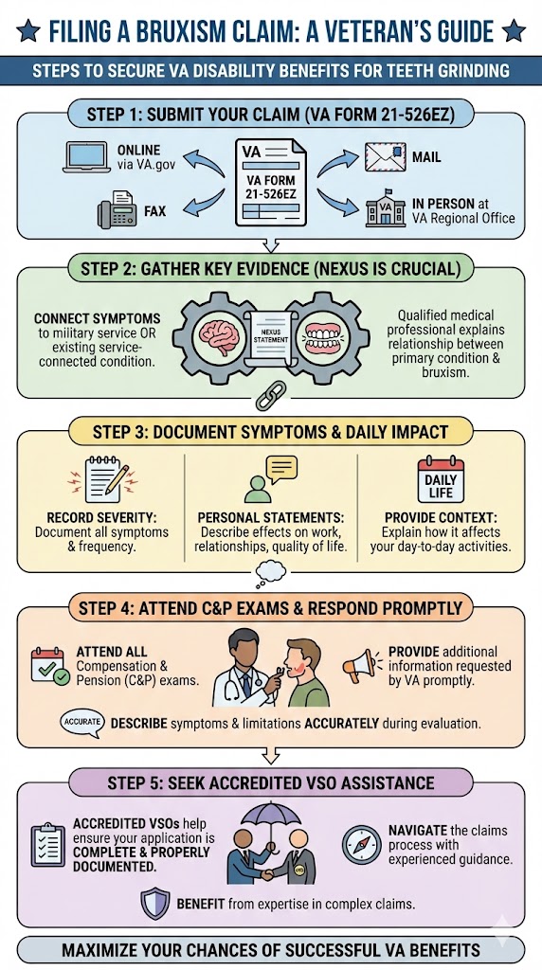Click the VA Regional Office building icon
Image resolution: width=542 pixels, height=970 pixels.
coord(385,209)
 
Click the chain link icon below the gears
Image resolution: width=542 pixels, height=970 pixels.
coord(271,389)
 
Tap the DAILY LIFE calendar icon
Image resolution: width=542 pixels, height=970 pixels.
coord(441,479)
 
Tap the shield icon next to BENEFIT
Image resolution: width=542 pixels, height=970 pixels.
coord(154,903)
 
